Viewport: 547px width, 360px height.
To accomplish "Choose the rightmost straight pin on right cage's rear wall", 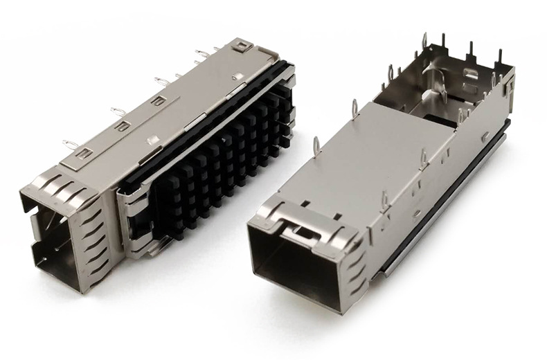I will click(x=499, y=55).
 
